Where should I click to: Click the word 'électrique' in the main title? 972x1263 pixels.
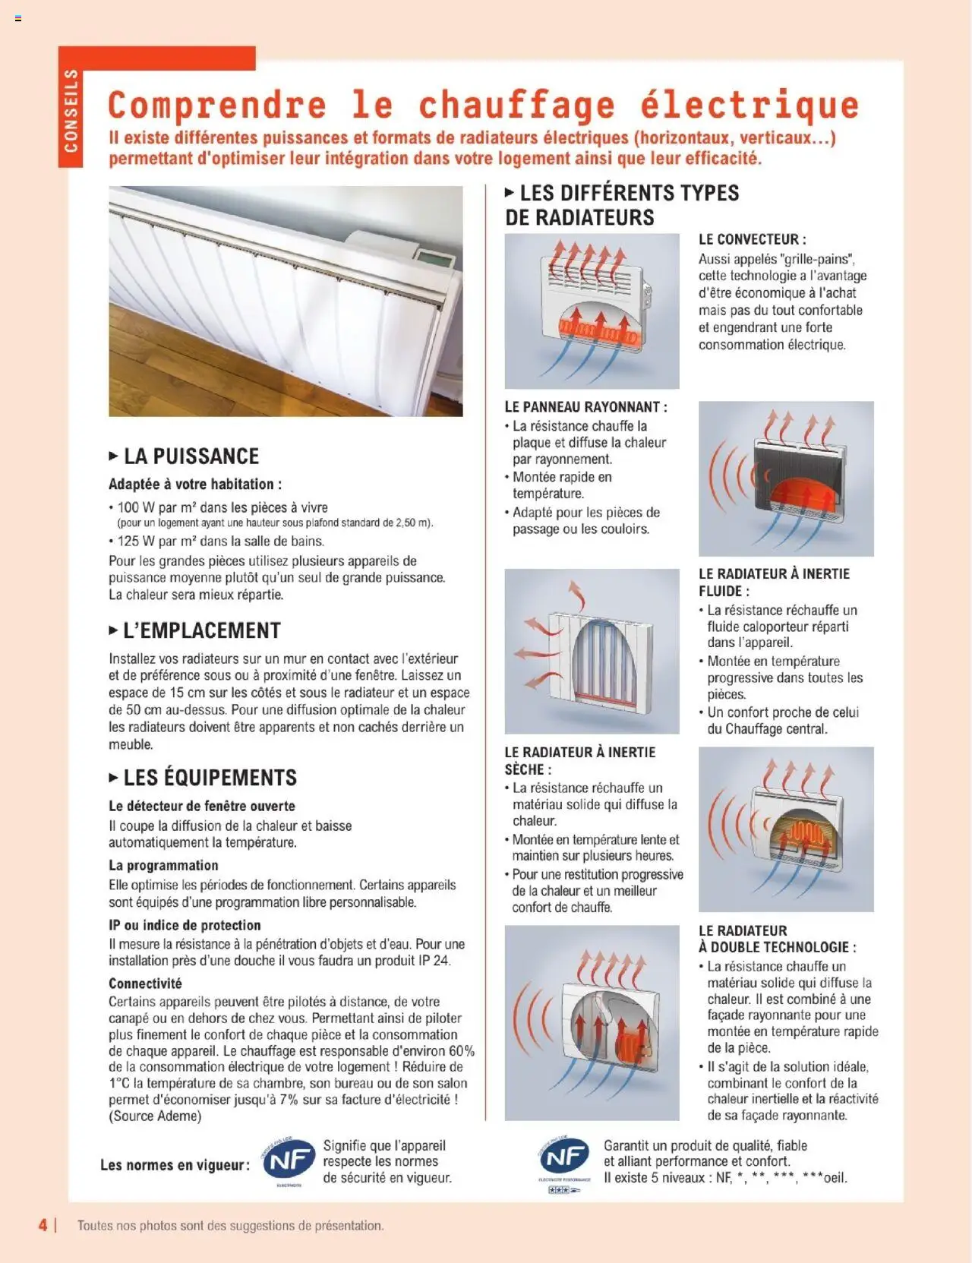pyautogui.click(x=749, y=105)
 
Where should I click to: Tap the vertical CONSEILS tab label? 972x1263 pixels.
pyautogui.click(x=71, y=111)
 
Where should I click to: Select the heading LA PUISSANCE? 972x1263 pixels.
pyautogui.click(x=191, y=456)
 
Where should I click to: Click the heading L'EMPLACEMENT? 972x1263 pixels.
pyautogui.click(x=201, y=631)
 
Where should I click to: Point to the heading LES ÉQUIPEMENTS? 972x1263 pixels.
pyautogui.click(x=210, y=778)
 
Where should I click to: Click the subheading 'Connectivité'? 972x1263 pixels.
pyautogui.click(x=145, y=984)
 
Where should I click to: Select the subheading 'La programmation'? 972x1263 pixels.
pyautogui.click(x=163, y=865)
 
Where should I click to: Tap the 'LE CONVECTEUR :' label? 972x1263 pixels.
pyautogui.click(x=752, y=239)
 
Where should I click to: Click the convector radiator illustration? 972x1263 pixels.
pyautogui.click(x=592, y=311)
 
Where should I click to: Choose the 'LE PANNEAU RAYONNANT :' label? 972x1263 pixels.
pyautogui.click(x=585, y=407)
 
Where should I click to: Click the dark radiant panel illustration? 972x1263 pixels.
pyautogui.click(x=786, y=478)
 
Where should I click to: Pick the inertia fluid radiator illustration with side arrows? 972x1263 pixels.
pyautogui.click(x=592, y=651)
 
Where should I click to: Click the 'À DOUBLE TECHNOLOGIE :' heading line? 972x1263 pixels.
pyautogui.click(x=777, y=947)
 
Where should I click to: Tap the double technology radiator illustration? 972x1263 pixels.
pyautogui.click(x=592, y=1022)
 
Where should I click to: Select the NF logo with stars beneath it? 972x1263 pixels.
pyautogui.click(x=564, y=1160)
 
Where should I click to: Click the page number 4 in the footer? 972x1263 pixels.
pyautogui.click(x=43, y=1225)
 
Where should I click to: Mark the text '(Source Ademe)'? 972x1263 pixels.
pyautogui.click(x=155, y=1116)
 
